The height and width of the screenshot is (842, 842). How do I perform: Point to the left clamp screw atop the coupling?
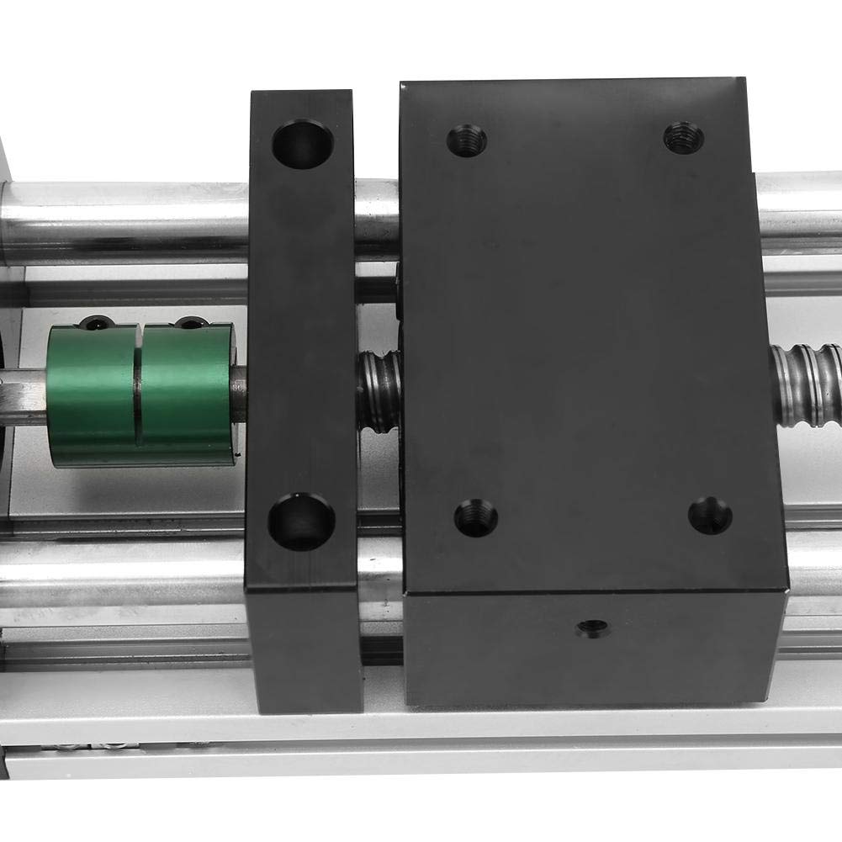click(x=97, y=322)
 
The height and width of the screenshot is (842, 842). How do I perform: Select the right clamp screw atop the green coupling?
click(x=191, y=322)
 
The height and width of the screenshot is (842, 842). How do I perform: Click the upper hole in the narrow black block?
click(x=302, y=144)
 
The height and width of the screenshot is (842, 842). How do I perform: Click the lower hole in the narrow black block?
click(x=301, y=522)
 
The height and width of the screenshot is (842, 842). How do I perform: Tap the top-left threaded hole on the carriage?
click(x=466, y=140)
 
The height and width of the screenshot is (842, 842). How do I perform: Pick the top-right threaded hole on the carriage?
click(x=683, y=136)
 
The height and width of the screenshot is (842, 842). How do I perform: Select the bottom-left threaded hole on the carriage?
click(x=475, y=517)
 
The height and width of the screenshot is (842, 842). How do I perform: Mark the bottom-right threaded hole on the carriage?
click(x=710, y=515)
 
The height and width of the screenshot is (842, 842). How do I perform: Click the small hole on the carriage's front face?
click(x=594, y=628)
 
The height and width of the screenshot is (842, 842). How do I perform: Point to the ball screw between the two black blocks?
click(x=379, y=391)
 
